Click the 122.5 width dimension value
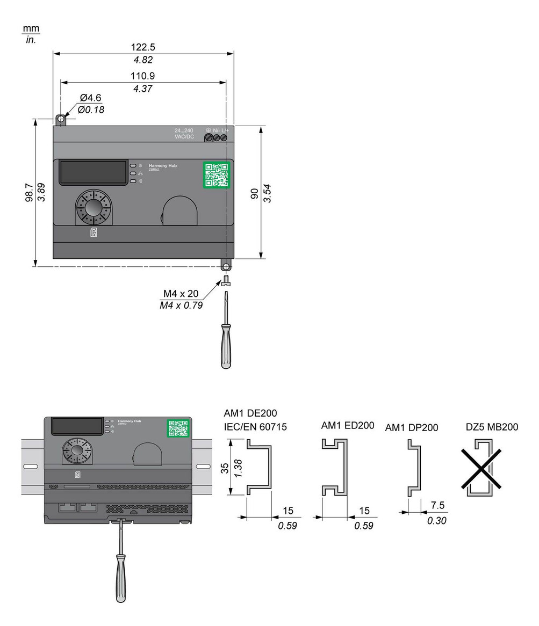click(x=143, y=47)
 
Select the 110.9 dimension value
click(x=143, y=76)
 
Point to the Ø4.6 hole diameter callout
click(x=90, y=98)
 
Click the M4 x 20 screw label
click(x=182, y=294)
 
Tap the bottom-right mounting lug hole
click(x=226, y=266)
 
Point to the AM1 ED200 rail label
click(x=347, y=426)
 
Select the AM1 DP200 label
click(x=411, y=427)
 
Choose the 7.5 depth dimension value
click(x=437, y=506)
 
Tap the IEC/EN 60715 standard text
click(x=255, y=427)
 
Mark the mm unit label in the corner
click(x=31, y=28)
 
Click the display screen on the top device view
click(x=93, y=172)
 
